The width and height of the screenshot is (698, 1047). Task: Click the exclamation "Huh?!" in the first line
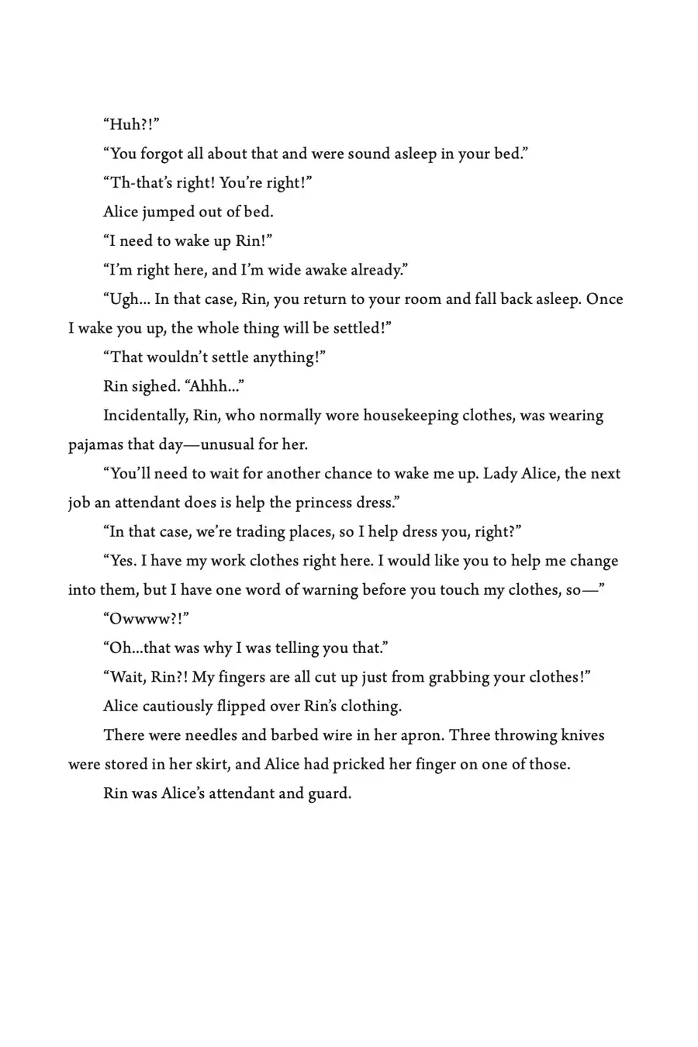coord(131,125)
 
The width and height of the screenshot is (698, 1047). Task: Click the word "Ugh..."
coord(126,299)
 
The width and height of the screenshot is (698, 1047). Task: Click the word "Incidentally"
coord(146,416)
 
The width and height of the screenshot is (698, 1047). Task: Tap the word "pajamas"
coord(95,445)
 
